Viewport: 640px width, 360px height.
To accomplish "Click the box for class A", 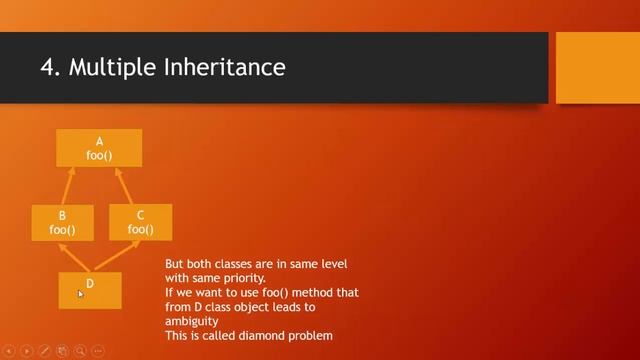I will click(x=99, y=147).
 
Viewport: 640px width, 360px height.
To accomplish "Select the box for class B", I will click(x=62, y=223).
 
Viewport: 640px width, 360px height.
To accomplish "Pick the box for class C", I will click(x=140, y=222).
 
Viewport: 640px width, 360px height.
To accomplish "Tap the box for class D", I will click(x=90, y=290).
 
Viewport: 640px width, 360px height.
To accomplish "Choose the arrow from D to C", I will click(x=117, y=257).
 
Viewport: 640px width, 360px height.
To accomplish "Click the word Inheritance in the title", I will click(x=230, y=68).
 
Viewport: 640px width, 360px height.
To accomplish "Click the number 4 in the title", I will click(x=46, y=68).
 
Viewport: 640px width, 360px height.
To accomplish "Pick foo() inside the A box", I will click(x=99, y=155).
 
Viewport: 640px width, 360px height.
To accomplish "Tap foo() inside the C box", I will click(x=140, y=229).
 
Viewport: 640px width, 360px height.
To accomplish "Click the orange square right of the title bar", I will click(x=596, y=67).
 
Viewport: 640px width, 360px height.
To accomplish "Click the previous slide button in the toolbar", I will click(x=9, y=351).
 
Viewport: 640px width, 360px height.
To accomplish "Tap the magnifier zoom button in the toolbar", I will click(x=79, y=351).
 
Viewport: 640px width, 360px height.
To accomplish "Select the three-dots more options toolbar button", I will click(x=97, y=351).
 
